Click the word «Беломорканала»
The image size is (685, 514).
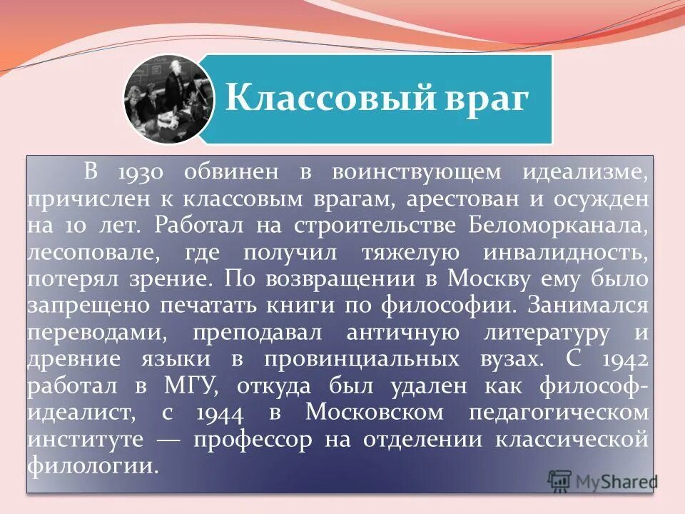click(559, 226)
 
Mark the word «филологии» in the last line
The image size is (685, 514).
click(91, 466)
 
